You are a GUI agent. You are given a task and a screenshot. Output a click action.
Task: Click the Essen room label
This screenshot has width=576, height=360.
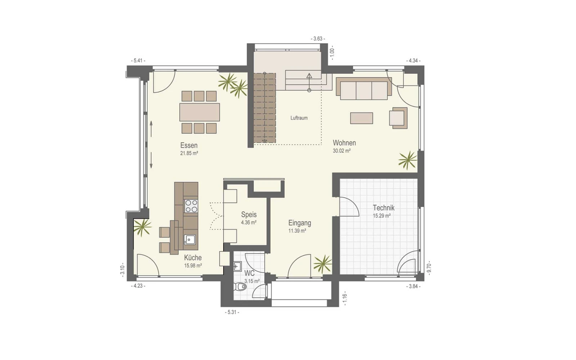click(189, 145)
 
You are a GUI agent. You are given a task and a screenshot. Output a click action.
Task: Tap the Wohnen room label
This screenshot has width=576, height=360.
click(344, 143)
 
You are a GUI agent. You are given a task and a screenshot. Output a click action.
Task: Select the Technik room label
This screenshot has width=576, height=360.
click(384, 207)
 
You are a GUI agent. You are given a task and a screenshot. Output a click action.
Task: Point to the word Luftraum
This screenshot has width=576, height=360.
click(299, 118)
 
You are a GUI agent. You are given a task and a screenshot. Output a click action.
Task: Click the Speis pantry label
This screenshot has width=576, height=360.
click(249, 215)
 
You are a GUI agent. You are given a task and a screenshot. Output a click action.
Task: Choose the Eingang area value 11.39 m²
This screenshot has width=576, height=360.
click(297, 231)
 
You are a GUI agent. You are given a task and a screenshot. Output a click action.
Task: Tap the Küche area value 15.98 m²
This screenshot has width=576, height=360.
click(193, 266)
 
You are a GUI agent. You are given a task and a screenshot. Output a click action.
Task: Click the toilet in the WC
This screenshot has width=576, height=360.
click(240, 287)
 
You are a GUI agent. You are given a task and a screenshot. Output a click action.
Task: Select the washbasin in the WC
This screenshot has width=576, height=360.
click(237, 266)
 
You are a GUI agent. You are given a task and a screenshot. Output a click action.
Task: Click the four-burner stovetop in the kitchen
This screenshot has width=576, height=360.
click(191, 206)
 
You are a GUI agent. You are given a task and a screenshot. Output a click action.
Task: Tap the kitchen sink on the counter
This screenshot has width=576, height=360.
click(190, 240)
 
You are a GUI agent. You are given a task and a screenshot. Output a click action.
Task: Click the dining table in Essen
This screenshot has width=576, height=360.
click(199, 112)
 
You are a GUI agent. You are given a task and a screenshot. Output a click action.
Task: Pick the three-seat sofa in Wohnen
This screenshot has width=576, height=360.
click(364, 89)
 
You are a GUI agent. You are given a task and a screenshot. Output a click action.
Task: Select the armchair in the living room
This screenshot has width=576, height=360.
click(398, 118)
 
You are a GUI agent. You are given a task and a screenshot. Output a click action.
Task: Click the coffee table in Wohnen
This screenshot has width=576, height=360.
click(361, 118)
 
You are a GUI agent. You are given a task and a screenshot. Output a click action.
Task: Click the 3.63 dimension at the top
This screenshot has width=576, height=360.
click(318, 39)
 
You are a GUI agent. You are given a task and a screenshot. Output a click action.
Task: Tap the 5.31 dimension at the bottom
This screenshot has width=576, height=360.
click(232, 312)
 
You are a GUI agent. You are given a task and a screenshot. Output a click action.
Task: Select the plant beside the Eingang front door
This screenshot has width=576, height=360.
click(323, 264)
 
